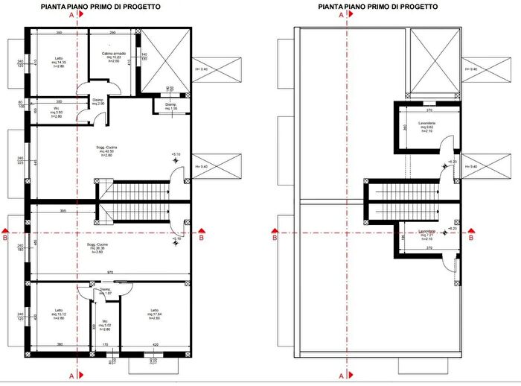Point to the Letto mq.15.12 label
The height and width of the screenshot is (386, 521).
click(x=60, y=314)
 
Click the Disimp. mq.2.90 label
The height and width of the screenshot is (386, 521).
click(x=98, y=102)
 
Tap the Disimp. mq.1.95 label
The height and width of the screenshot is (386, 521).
click(x=170, y=107)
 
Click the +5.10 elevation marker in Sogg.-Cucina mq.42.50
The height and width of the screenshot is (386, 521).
click(x=176, y=154)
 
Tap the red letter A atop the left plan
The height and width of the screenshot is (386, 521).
click(x=71, y=14)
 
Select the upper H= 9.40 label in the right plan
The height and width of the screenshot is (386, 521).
click(x=470, y=69)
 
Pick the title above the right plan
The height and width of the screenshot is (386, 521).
click(x=377, y=5)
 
